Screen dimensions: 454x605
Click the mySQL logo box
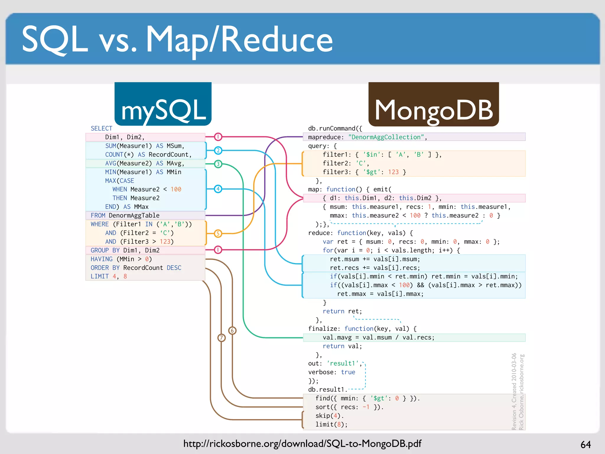pyautogui.click(x=163, y=104)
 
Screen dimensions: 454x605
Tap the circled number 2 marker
pyautogui.click(x=218, y=150)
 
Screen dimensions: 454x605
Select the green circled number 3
pyautogui.click(x=218, y=164)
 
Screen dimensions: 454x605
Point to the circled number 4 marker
pyautogui.click(x=218, y=189)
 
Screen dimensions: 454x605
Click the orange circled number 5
pyautogui.click(x=218, y=234)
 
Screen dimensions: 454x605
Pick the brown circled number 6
pyautogui.click(x=232, y=330)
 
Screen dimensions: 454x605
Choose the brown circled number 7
pyautogui.click(x=222, y=338)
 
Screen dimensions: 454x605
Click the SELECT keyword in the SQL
pyautogui.click(x=101, y=129)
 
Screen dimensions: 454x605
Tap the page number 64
pyautogui.click(x=586, y=445)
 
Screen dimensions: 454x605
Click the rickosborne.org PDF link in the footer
pyautogui.click(x=302, y=444)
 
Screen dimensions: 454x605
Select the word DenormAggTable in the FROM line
pyautogui.click(x=134, y=215)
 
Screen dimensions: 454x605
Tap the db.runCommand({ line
pyautogui.click(x=335, y=129)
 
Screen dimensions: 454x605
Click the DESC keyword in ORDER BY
pyautogui.click(x=174, y=268)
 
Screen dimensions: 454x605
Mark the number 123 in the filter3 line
pyautogui.click(x=393, y=172)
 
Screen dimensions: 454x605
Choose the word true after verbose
pyautogui.click(x=348, y=372)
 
